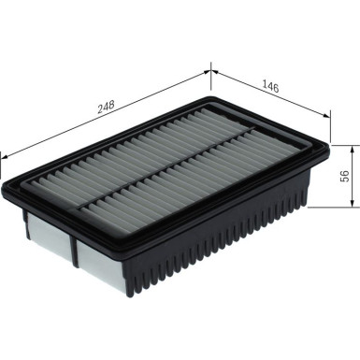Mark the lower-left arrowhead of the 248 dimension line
click(5, 151)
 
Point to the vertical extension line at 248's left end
click(3, 164)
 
